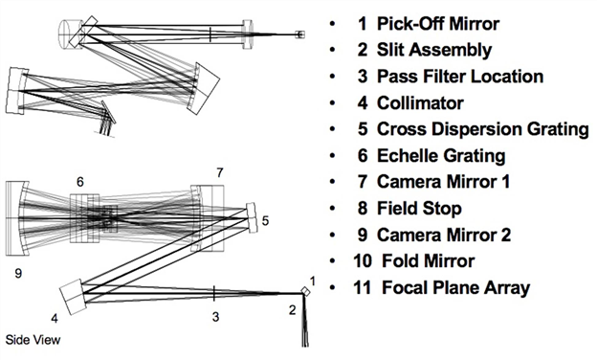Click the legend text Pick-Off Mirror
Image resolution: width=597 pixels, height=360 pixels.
(438, 24)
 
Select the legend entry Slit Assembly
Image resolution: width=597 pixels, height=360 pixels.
(434, 51)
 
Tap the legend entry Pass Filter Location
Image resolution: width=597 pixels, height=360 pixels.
(460, 77)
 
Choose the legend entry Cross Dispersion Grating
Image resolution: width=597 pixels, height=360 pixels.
(483, 129)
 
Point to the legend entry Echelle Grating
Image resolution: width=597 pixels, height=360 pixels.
(441, 156)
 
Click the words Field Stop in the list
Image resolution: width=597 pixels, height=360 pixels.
(419, 209)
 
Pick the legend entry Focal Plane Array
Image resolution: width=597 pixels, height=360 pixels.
(455, 287)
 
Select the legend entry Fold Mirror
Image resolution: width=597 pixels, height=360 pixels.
(428, 261)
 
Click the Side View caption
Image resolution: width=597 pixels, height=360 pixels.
(33, 340)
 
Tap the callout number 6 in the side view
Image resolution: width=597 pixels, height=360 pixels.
(80, 182)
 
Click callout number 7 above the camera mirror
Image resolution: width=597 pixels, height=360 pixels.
(220, 173)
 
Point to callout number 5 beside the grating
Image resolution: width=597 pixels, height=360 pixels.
(265, 220)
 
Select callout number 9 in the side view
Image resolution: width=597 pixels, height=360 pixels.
(18, 273)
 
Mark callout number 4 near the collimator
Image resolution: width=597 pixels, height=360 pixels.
(55, 318)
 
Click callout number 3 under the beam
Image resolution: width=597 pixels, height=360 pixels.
(215, 317)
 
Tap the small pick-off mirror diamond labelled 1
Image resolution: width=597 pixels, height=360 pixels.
(305, 291)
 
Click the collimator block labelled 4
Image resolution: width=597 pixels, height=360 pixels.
(73, 297)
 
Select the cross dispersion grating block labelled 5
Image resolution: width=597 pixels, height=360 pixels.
(252, 217)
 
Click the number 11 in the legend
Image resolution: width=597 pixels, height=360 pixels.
(362, 287)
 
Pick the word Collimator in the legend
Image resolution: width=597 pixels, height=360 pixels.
(420, 103)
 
